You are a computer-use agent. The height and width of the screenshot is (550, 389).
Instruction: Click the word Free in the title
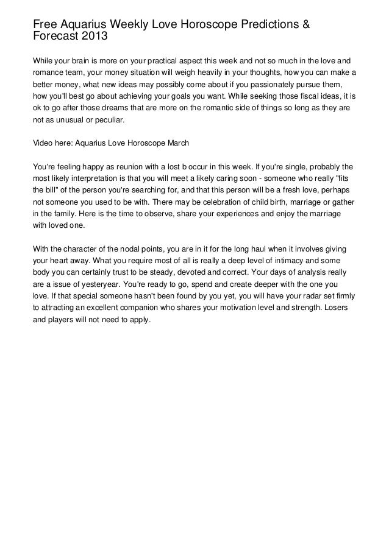pyautogui.click(x=45, y=24)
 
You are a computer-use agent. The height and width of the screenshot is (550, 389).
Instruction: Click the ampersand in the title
pyautogui.click(x=305, y=24)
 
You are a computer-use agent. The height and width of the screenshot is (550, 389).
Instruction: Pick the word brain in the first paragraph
pyautogui.click(x=84, y=61)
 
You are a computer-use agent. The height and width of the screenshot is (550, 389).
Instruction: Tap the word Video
pyautogui.click(x=42, y=144)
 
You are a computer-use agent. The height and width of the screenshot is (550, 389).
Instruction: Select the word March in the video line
pyautogui.click(x=177, y=144)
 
